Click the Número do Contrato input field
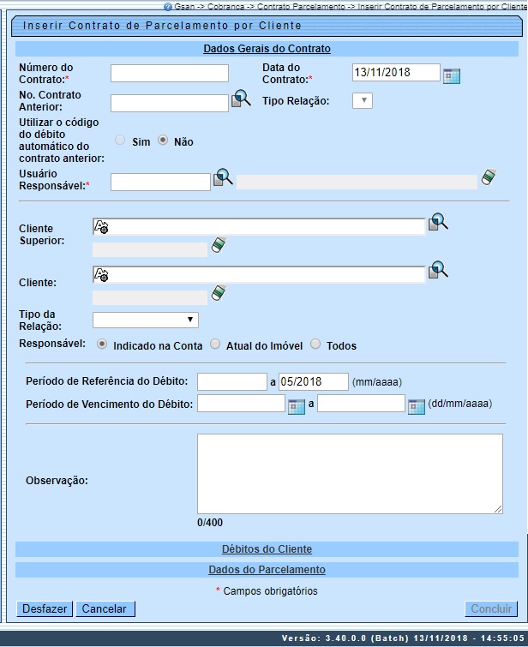point(170,74)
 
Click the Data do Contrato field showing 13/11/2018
point(395,73)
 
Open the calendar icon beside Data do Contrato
point(452,75)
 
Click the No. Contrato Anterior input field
point(170,104)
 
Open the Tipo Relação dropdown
point(363,101)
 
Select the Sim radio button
point(120,141)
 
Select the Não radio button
point(163,141)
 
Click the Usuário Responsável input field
point(160,182)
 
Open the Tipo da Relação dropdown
point(146,321)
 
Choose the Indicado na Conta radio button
point(102,344)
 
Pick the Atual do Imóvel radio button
point(215,344)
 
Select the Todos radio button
point(315,344)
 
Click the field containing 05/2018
point(313,382)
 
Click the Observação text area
point(350,474)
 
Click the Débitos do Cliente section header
point(267,549)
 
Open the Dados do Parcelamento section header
point(267,570)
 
